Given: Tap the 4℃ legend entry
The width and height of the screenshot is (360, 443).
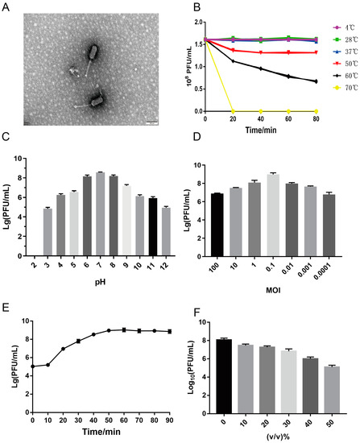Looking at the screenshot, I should tap(333, 17).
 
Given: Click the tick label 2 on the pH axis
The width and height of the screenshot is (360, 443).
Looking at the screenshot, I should tap(35, 256).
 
